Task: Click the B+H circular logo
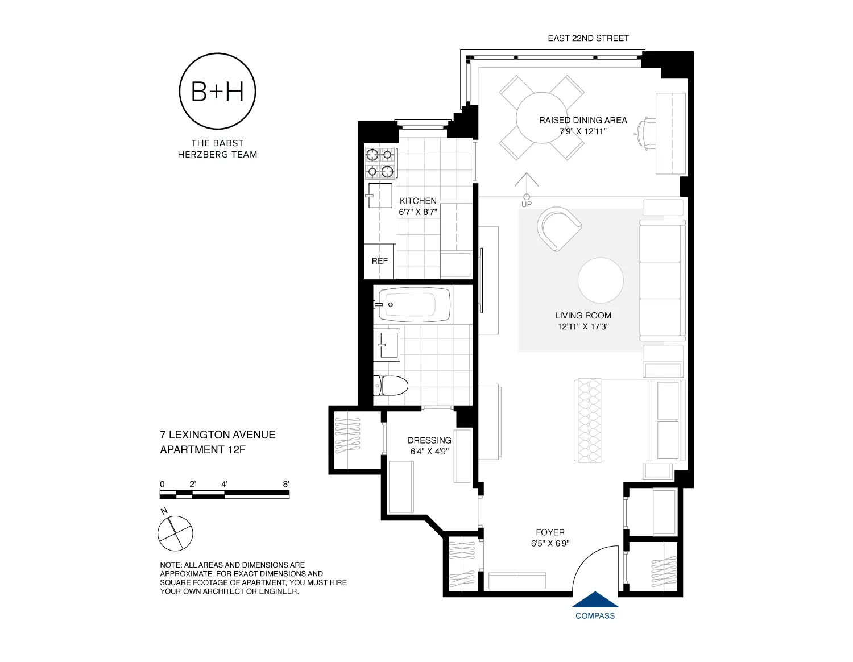(x=217, y=91)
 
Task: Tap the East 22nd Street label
(x=588, y=38)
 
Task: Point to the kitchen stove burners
(x=380, y=163)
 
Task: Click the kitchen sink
(x=380, y=195)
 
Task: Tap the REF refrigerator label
(x=379, y=261)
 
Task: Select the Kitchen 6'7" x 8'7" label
(x=418, y=206)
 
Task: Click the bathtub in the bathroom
(x=414, y=304)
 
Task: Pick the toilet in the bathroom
(x=391, y=386)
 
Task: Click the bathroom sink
(x=387, y=345)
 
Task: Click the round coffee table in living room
(x=601, y=280)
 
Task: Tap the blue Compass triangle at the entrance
(x=595, y=600)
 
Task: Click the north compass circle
(x=175, y=533)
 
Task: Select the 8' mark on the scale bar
(x=286, y=485)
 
